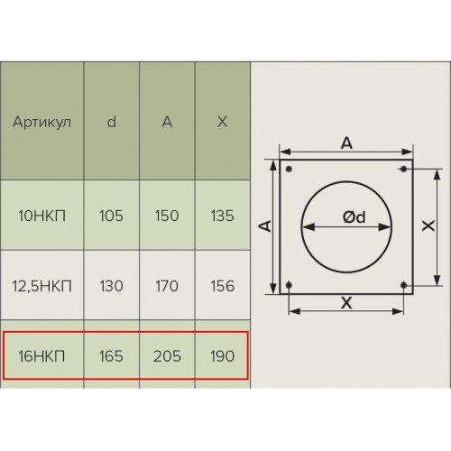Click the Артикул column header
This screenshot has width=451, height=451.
coord(41,123)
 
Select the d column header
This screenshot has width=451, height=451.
coord(112,122)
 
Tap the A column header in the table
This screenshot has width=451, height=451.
coord(167,122)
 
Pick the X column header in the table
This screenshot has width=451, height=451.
coord(222,122)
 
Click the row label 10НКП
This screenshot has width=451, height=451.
coord(41,216)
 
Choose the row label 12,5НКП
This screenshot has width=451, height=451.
coord(41,286)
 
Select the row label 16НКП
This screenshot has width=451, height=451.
coord(41,356)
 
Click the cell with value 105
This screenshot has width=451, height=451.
coord(111,216)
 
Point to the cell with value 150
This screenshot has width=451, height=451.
coord(167,216)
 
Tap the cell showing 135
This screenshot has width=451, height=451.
coord(223,216)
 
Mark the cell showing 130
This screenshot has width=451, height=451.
coord(111,286)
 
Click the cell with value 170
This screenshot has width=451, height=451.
coord(167,286)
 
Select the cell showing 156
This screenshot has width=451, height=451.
coord(223,286)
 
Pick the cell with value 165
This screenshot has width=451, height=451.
coord(111,356)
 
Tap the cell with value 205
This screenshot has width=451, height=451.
coord(167,356)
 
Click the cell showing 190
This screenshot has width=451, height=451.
coord(223,356)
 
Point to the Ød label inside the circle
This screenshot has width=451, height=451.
coord(354,217)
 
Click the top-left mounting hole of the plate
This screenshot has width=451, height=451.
coord(289,169)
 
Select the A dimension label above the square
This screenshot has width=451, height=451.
coord(346,143)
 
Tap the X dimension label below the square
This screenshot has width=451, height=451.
coord(346,303)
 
